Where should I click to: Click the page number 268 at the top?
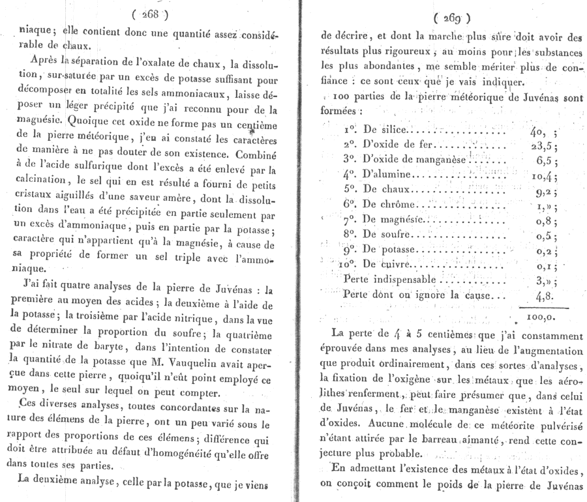(x=151, y=14)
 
